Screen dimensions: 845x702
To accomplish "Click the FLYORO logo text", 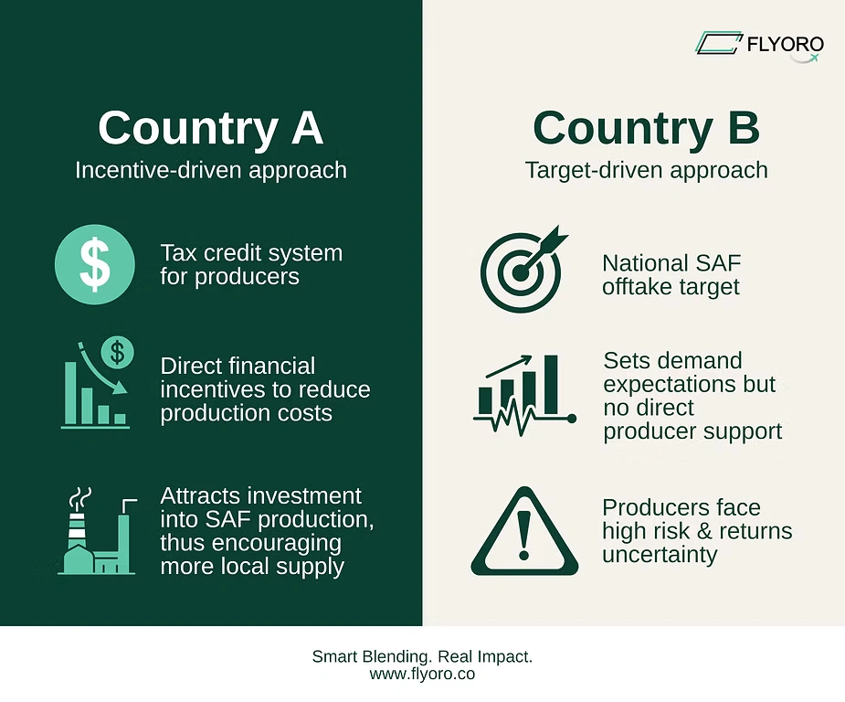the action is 786,44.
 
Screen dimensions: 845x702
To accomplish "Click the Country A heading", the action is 211,128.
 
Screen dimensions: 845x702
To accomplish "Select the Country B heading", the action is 646,128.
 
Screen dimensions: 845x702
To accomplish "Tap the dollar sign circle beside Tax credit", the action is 95,265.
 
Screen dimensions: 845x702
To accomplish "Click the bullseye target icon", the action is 523,269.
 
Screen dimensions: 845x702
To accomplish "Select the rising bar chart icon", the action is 524,395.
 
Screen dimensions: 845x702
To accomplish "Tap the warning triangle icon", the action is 524,531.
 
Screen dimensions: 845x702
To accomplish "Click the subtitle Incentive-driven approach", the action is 211,170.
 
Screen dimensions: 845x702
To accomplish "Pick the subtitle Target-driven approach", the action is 646,170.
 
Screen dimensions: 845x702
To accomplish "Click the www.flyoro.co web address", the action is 422,674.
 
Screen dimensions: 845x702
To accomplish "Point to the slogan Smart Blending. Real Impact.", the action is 422,656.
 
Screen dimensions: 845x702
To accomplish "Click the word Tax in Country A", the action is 178,253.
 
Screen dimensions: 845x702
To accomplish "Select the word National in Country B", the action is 639,263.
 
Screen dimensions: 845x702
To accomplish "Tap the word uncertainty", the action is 660,555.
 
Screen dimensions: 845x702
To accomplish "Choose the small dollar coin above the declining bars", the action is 118,353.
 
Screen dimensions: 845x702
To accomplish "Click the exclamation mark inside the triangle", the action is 523,535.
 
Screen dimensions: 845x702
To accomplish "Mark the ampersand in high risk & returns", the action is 704,531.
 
